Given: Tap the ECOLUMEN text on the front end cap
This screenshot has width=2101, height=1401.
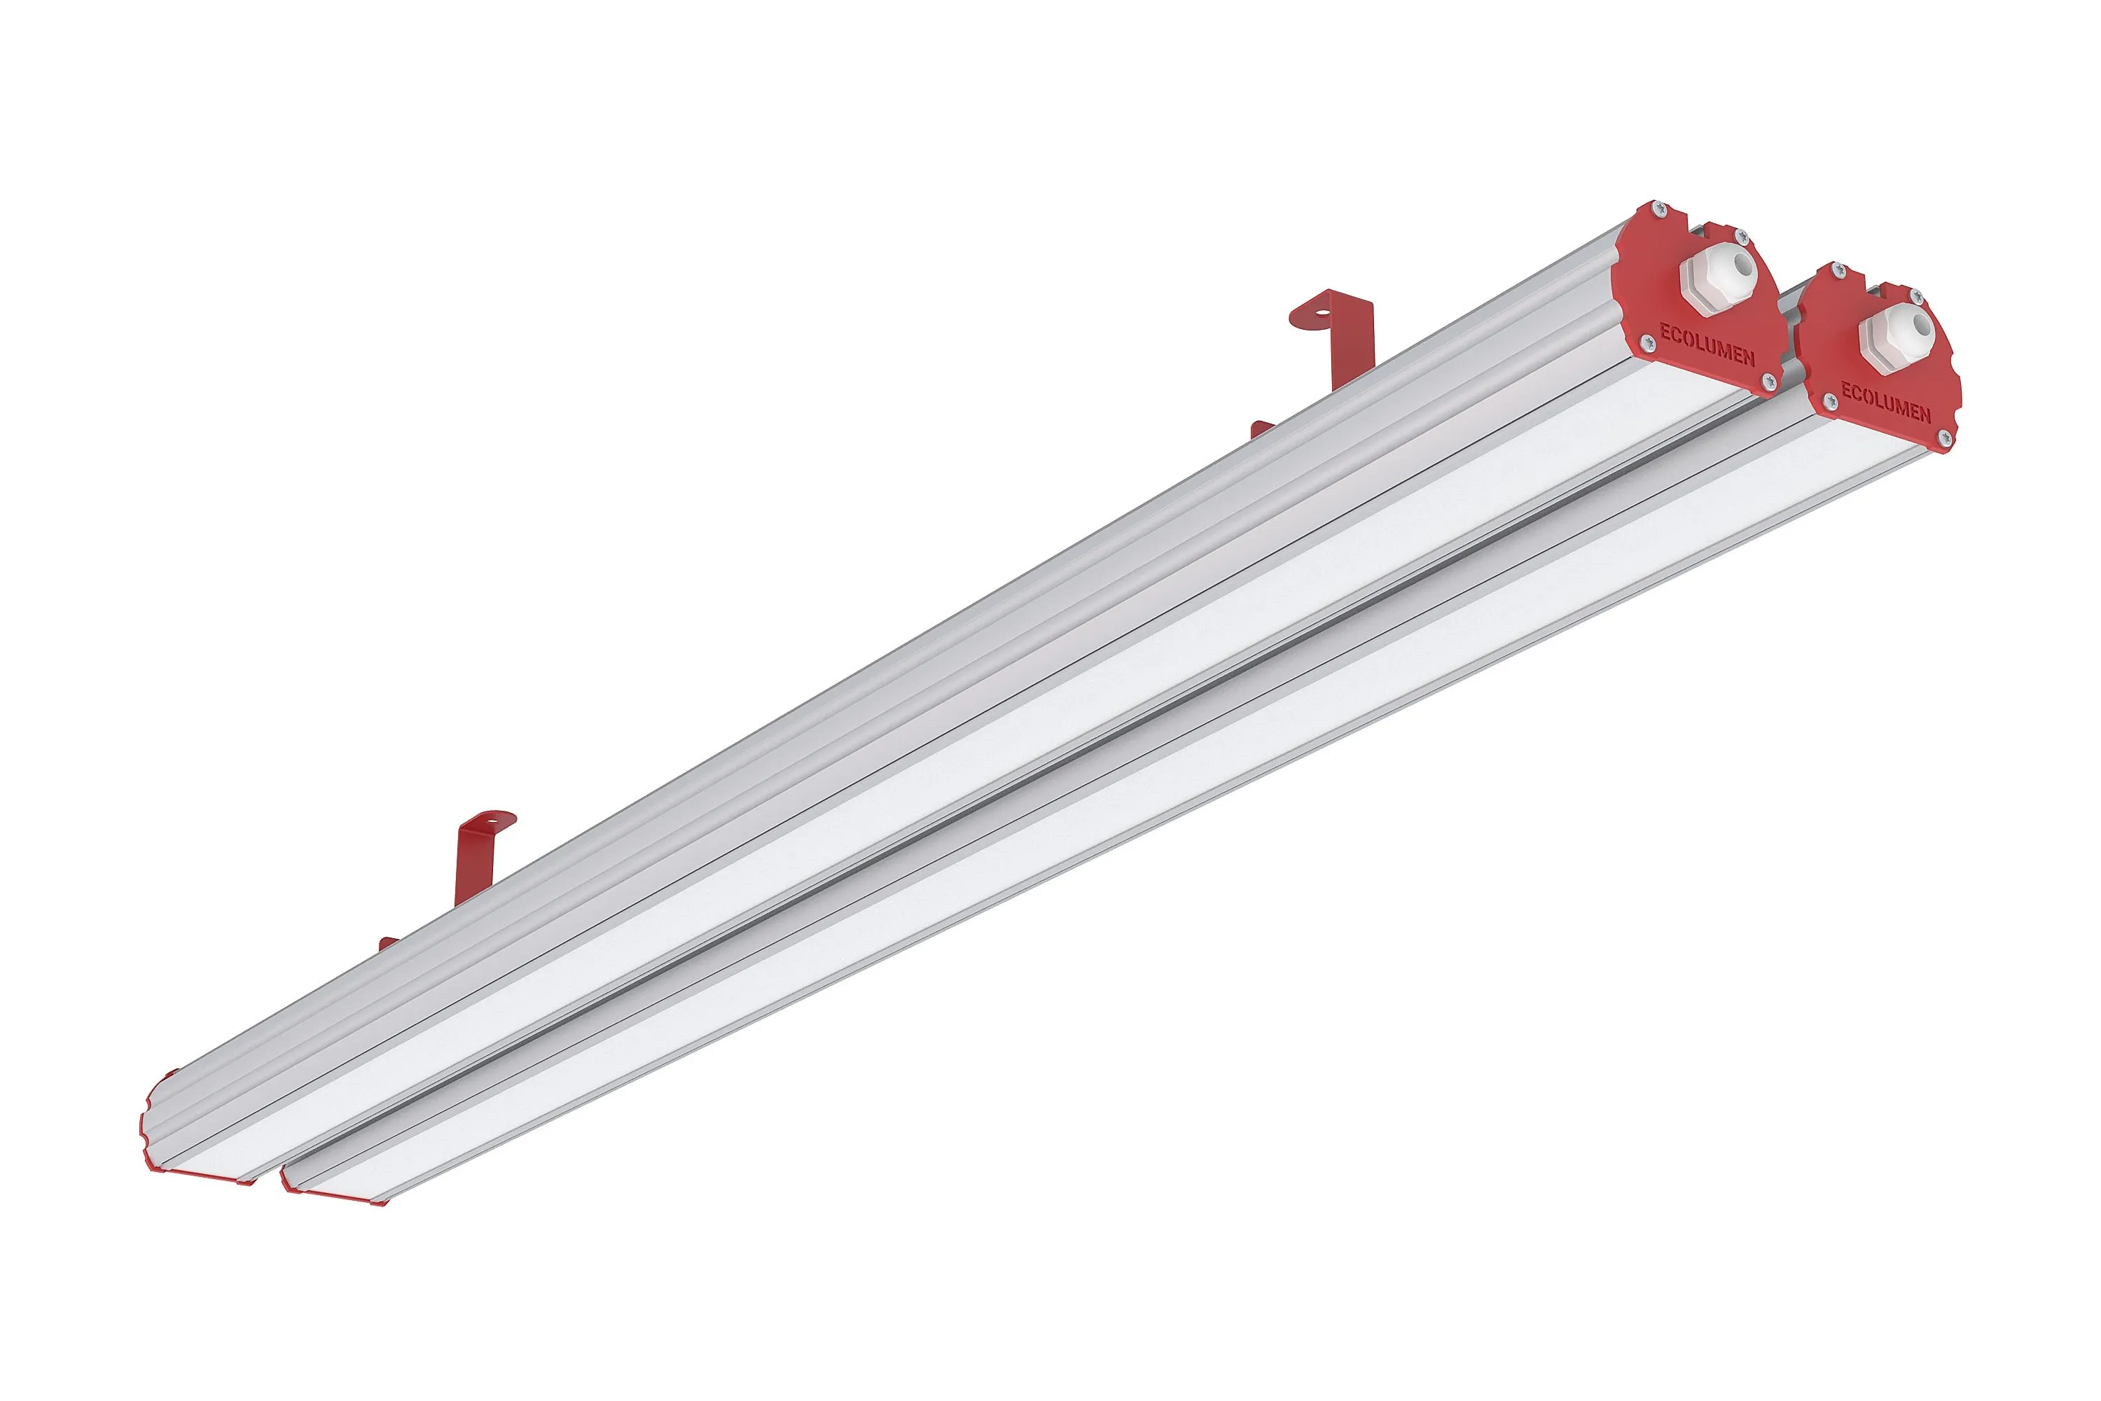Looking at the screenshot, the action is coord(1885,401).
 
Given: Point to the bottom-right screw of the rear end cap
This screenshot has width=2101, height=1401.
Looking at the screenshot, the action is coord(1767,382).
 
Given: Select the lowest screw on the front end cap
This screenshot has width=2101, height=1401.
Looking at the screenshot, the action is coord(1942,438).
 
